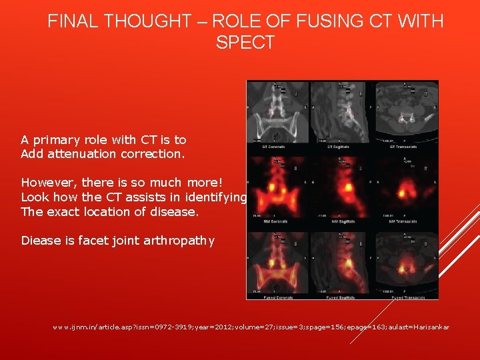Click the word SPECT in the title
[x=245, y=43]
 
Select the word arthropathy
[x=179, y=241]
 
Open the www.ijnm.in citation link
[x=251, y=327]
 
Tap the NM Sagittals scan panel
[x=343, y=188]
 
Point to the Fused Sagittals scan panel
[x=343, y=263]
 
